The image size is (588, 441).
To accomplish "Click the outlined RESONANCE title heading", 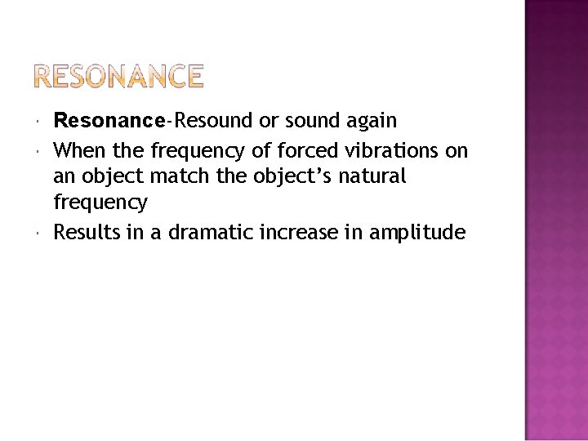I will coord(119,77).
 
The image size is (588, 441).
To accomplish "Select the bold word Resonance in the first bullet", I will coord(109,121).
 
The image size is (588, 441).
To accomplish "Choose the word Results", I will coord(85,233).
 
